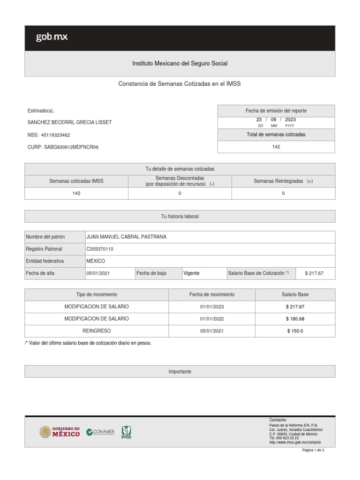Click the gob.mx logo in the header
52,37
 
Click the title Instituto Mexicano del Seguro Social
180,63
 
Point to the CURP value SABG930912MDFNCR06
71,147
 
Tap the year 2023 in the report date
290,120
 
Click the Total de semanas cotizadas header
276,135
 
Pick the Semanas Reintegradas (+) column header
283,181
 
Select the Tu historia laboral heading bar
180,217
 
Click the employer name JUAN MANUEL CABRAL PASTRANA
127,237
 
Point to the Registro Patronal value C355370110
100,249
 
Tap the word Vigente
191,273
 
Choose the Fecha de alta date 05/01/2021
98,273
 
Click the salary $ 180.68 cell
295,319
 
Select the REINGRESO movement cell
97,331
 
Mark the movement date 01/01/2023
212,307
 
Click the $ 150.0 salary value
295,331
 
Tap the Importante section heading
180,371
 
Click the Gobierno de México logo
60,432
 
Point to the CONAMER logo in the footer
100,432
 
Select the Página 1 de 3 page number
313,450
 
